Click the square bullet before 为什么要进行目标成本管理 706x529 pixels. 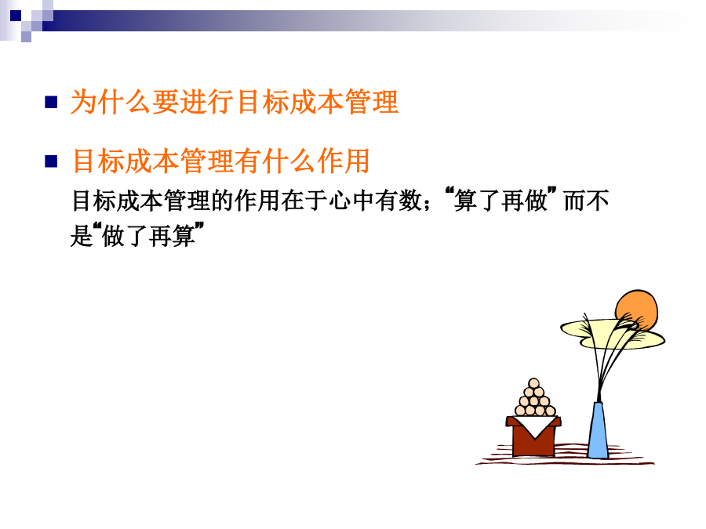click(51, 102)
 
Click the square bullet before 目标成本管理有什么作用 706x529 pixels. click(51, 161)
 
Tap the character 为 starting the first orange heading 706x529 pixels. click(84, 102)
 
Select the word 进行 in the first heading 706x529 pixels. click(207, 102)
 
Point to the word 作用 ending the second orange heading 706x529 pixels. click(344, 161)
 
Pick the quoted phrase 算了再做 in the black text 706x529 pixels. click(500, 200)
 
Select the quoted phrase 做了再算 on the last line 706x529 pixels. click(149, 235)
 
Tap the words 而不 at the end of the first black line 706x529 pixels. click(586, 201)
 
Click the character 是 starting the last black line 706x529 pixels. click(82, 235)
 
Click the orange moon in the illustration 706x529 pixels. click(638, 310)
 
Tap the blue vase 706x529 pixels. click(598, 430)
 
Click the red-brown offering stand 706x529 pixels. click(533, 437)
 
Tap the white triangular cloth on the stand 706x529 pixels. click(534, 425)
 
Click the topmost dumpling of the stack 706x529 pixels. click(534, 383)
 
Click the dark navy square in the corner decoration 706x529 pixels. click(16, 16)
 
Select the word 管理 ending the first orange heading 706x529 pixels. click(372, 102)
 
